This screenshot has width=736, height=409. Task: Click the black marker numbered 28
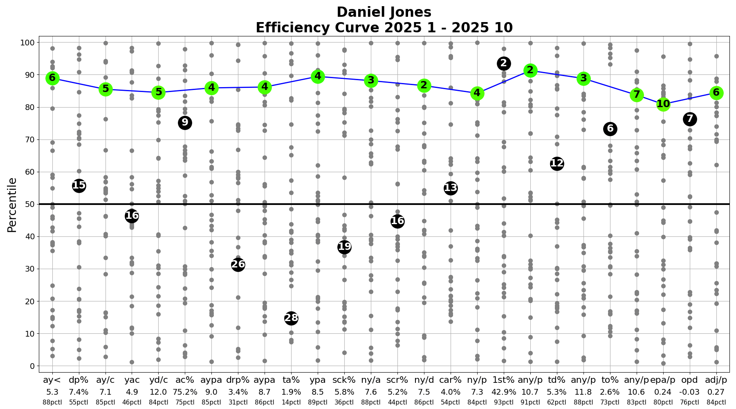click(291, 318)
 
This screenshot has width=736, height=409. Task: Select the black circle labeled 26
click(238, 265)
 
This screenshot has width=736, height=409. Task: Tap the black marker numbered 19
click(344, 247)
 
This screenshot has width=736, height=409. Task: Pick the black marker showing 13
click(450, 188)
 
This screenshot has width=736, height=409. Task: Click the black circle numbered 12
click(556, 164)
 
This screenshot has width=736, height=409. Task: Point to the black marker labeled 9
click(185, 122)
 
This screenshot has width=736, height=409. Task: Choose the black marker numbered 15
click(79, 186)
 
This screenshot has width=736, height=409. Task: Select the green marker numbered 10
click(663, 104)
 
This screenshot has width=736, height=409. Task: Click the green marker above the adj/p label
click(716, 93)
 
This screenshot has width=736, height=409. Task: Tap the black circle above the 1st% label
click(503, 63)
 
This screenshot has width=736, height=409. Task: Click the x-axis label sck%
click(344, 380)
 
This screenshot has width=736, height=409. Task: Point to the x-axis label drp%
click(238, 380)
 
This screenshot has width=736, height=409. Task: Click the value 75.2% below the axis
click(185, 392)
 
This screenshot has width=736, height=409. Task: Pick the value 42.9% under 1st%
click(503, 392)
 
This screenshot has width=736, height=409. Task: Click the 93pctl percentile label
click(503, 402)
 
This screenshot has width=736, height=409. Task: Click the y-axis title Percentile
click(12, 204)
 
